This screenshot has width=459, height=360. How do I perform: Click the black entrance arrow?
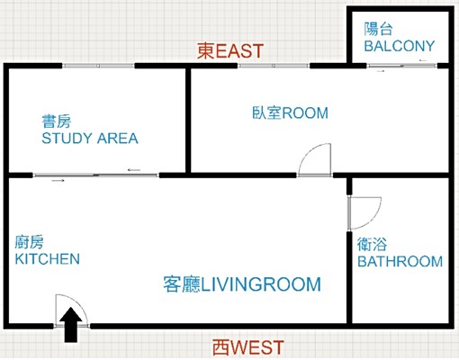click(x=70, y=325)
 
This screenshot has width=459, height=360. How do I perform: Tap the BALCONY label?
click(x=400, y=46)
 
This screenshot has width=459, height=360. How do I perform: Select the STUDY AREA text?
click(x=90, y=139)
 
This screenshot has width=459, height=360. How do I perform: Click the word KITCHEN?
click(x=48, y=259)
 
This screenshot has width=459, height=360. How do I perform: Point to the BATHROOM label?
click(x=400, y=261)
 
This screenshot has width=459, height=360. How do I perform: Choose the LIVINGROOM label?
click(x=261, y=284)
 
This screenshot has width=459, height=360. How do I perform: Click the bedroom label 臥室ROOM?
click(x=290, y=112)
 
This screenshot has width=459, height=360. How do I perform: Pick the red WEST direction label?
click(x=248, y=347)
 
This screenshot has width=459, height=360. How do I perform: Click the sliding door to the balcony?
click(x=401, y=66)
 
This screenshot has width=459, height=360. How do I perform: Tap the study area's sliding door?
click(x=95, y=175)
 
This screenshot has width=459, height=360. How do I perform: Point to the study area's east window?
click(x=98, y=66)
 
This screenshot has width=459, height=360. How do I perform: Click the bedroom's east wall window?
click(x=274, y=66)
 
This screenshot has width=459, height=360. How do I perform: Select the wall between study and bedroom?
click(x=188, y=121)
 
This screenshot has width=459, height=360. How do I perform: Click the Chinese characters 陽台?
click(x=379, y=29)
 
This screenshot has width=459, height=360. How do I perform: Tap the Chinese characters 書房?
click(x=57, y=121)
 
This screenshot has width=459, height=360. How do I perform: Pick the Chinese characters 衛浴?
click(x=372, y=244)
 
